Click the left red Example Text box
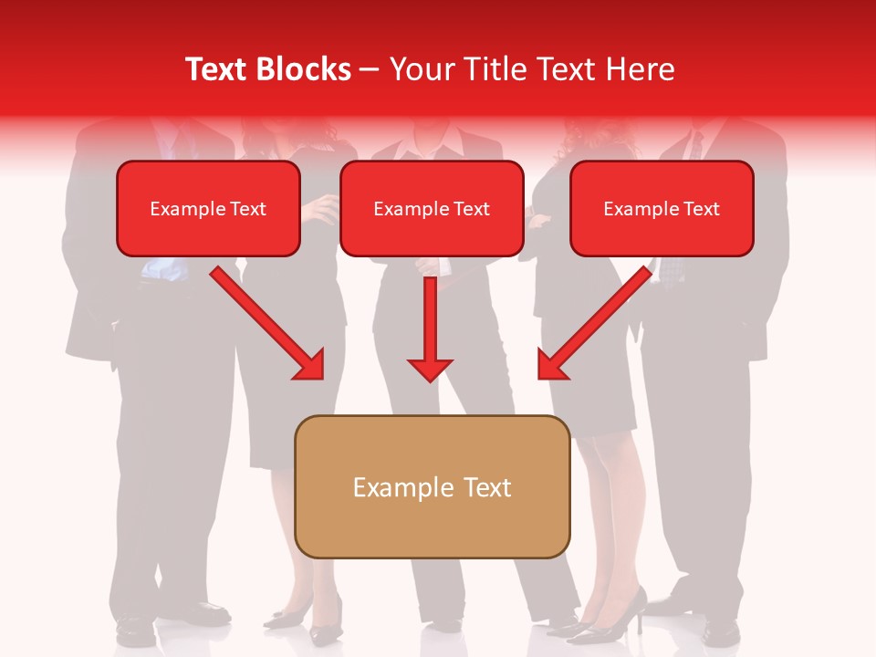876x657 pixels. [x=208, y=209]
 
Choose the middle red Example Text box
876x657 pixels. [x=432, y=209]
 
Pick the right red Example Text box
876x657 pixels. [x=662, y=209]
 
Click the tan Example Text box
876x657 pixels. [x=432, y=487]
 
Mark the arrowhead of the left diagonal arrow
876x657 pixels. [x=310, y=365]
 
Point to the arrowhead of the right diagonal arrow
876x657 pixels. [x=552, y=365]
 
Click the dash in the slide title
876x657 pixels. [x=370, y=69]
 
